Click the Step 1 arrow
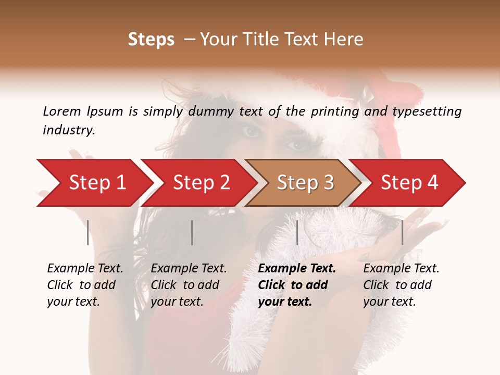[x=94, y=183]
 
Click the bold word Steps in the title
[x=151, y=40]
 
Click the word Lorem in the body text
[x=61, y=111]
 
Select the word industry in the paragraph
[x=69, y=130]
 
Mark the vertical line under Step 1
[x=88, y=232]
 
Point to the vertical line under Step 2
[x=192, y=232]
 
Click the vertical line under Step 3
[x=297, y=232]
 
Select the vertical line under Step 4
[x=402, y=232]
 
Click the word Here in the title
[x=343, y=40]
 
